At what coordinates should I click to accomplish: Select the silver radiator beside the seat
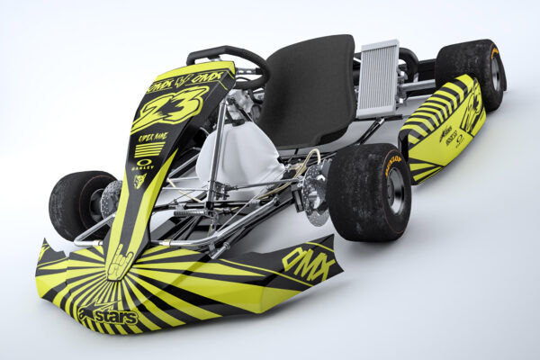378,79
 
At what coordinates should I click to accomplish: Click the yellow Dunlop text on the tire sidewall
393,164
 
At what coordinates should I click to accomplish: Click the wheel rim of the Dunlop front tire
394,192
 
